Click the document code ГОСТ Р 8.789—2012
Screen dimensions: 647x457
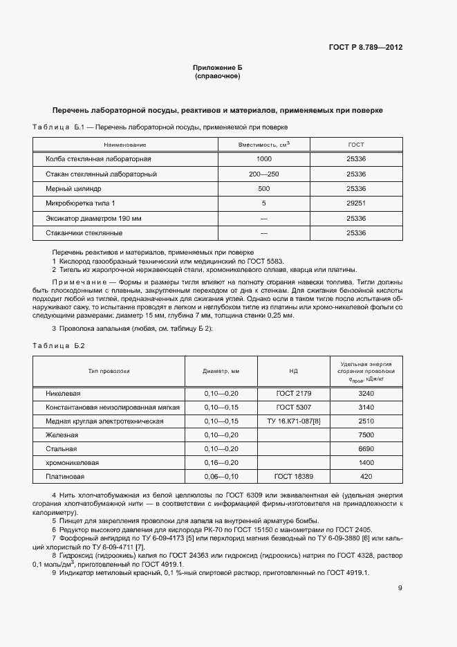364,47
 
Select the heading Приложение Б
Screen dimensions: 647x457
217,68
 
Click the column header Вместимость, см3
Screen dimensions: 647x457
263,145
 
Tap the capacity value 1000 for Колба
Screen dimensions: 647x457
263,159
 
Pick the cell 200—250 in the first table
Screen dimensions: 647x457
263,174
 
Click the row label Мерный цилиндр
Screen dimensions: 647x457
73,188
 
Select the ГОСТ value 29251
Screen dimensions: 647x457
355,203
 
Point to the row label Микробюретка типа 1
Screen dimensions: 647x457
81,203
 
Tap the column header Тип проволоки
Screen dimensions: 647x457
109,371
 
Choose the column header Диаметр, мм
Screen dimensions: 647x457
221,371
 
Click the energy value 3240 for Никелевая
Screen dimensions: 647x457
366,393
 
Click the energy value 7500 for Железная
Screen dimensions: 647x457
366,435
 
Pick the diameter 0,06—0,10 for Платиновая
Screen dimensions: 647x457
221,476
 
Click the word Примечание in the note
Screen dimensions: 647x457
76,282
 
